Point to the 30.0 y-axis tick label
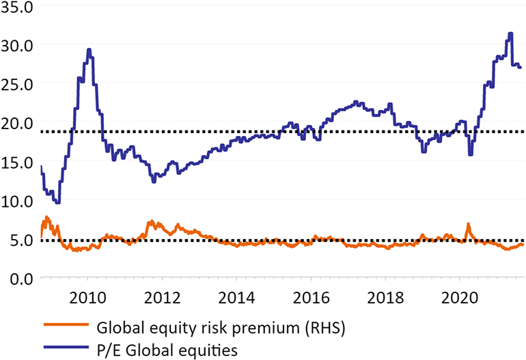click(x=18, y=46)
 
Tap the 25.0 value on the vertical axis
click(x=18, y=85)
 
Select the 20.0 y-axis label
click(x=18, y=124)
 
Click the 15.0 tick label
click(x=18, y=163)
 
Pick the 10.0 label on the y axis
click(x=18, y=202)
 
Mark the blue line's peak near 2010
click(x=89, y=49)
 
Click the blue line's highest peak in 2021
click(x=510, y=33)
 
